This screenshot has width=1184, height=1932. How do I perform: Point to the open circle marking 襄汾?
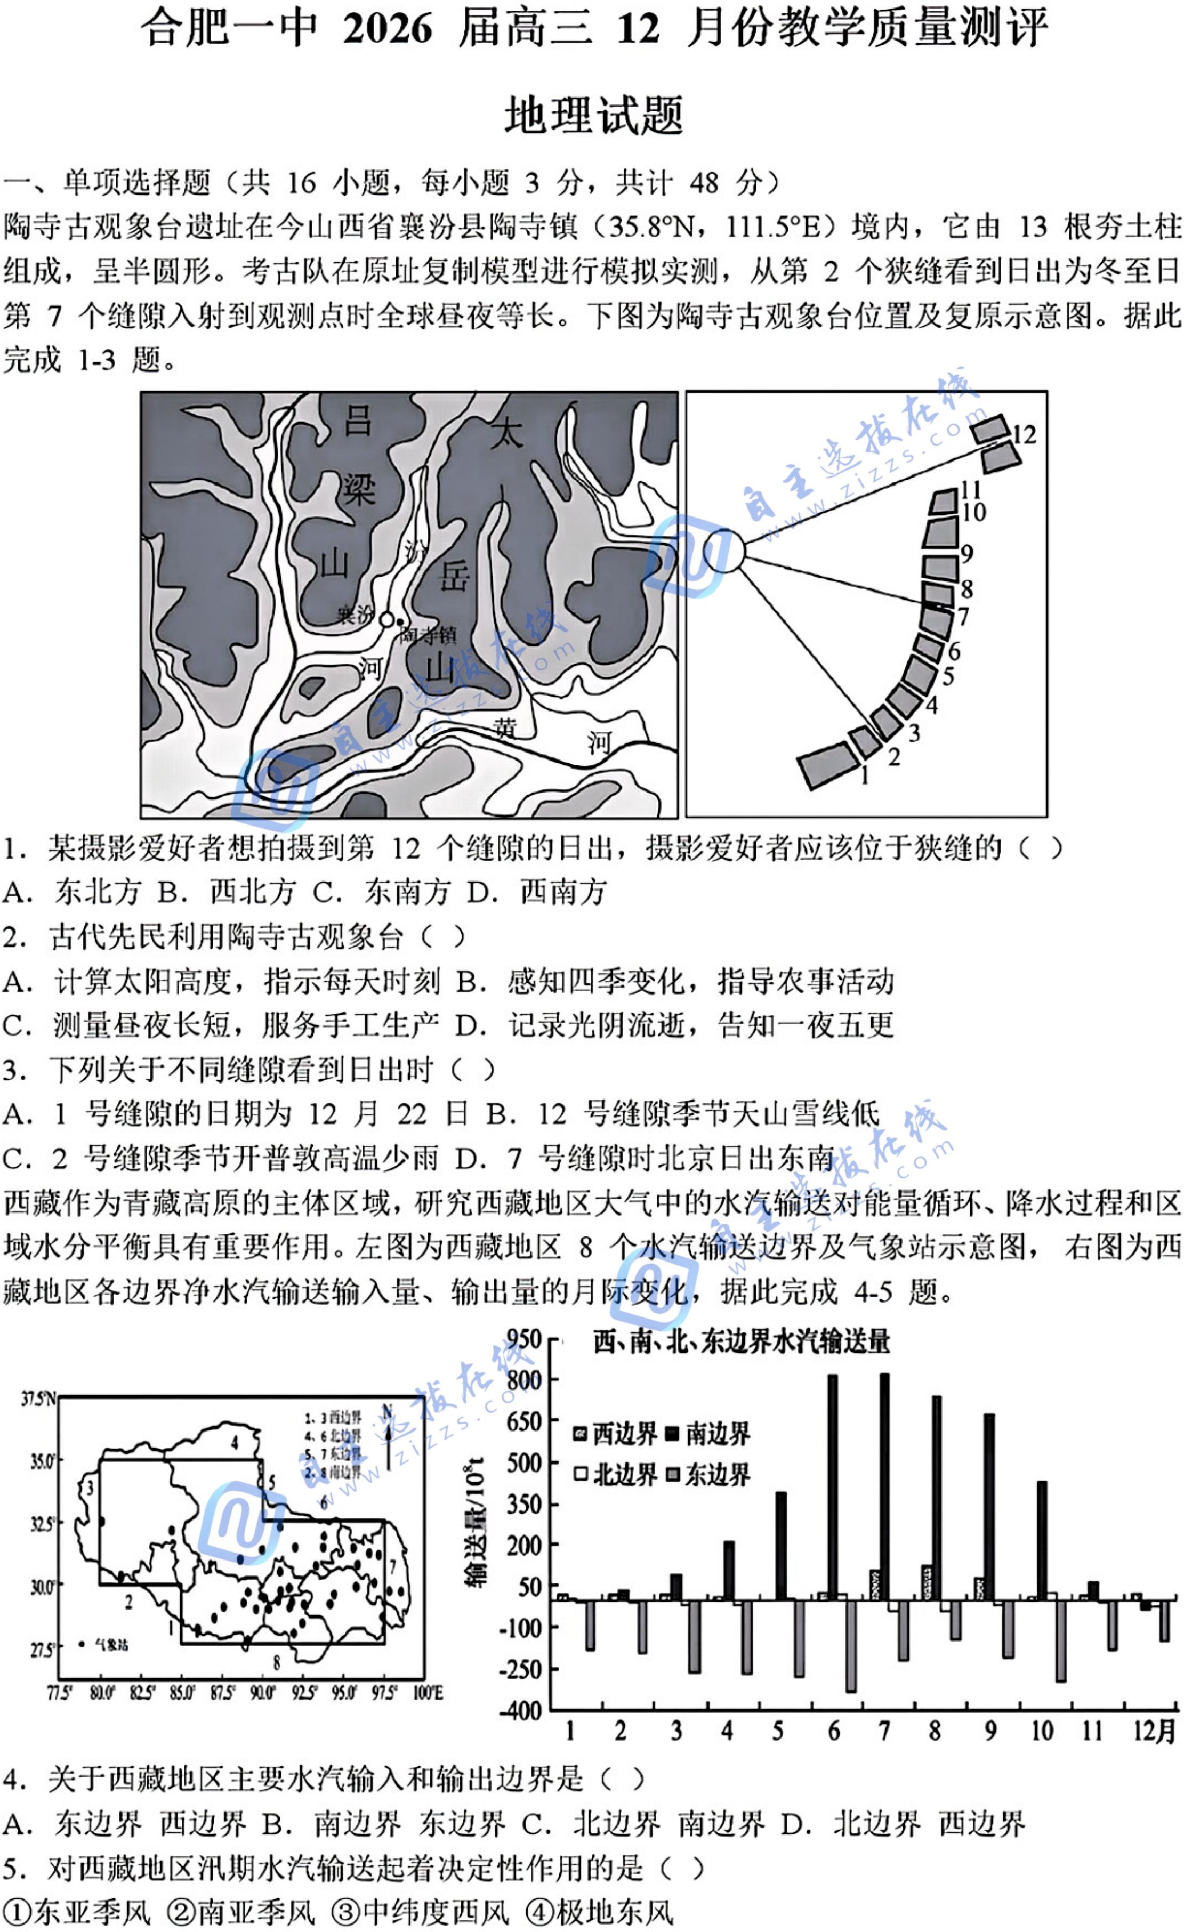[386, 619]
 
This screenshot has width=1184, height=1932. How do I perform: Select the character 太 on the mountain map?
[506, 433]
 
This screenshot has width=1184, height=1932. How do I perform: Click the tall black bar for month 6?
[833, 1488]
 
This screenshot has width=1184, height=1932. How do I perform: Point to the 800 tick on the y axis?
[524, 1379]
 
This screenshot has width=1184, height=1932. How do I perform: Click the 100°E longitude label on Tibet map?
[428, 1693]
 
